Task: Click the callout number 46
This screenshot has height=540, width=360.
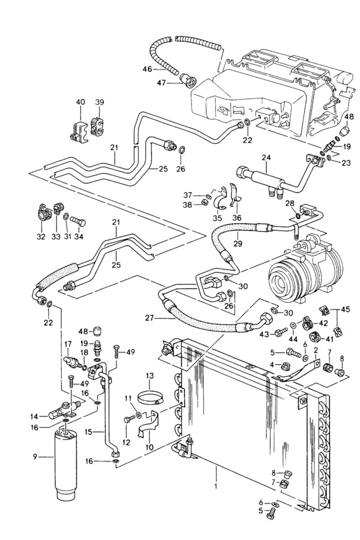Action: [x=147, y=69]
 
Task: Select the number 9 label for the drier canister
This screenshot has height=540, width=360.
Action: [x=35, y=457]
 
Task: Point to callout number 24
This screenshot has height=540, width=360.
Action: [x=266, y=157]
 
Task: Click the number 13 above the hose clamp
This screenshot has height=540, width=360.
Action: [x=149, y=376]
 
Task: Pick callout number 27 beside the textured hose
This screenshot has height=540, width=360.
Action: [x=149, y=318]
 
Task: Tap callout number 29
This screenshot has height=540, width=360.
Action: [x=238, y=244]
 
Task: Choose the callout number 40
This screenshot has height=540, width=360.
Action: [x=80, y=102]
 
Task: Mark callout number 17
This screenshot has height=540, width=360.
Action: [x=68, y=344]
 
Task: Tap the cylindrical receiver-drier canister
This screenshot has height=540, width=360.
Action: [x=66, y=464]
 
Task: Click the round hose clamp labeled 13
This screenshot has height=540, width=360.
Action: [x=149, y=399]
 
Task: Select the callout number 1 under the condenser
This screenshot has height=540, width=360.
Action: [x=216, y=487]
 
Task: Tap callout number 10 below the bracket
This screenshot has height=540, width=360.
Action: [x=149, y=448]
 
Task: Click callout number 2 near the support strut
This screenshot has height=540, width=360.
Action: [x=315, y=350]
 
